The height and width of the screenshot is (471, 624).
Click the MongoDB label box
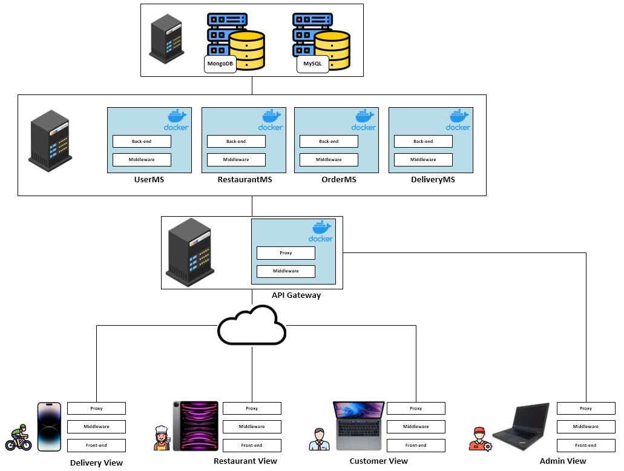tap(220, 64)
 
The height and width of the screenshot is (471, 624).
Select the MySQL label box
tap(312, 64)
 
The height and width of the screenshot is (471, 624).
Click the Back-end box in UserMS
tap(142, 142)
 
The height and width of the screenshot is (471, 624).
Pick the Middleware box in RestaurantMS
tap(236, 160)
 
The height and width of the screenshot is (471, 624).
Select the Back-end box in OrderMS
tap(329, 142)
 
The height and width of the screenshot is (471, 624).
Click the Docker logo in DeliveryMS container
tap(458, 120)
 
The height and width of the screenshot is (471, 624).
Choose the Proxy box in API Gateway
tap(286, 253)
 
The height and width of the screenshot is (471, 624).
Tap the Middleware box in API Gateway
tap(286, 271)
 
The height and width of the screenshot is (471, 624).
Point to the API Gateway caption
tap(296, 295)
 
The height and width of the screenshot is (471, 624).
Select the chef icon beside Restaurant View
tap(162, 438)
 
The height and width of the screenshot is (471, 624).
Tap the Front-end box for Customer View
tap(416, 446)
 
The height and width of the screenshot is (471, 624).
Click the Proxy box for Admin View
tap(586, 409)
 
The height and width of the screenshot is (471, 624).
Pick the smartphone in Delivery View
tap(49, 427)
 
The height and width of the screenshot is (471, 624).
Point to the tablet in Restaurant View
tap(195, 426)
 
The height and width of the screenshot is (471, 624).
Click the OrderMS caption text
tap(338, 180)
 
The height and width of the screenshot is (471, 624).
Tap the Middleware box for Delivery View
tap(96, 427)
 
